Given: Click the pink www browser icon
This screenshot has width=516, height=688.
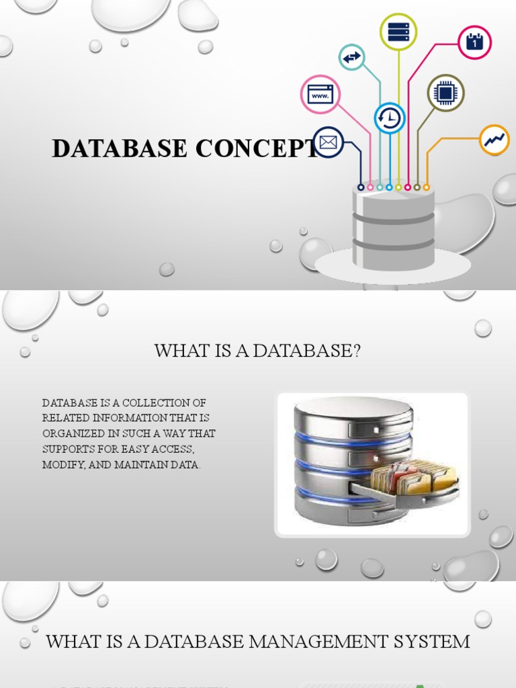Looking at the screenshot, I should [320, 94].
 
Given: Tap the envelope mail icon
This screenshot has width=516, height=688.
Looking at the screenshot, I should [329, 142].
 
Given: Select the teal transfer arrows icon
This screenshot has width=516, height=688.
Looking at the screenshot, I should [351, 58].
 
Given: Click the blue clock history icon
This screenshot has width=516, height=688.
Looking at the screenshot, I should [389, 118].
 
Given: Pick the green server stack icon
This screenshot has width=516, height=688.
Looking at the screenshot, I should [398, 32].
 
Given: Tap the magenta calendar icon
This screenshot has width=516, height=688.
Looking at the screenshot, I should [474, 42].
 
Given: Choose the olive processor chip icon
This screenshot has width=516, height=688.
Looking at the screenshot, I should [445, 93].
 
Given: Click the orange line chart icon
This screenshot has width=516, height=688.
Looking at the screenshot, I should [494, 140].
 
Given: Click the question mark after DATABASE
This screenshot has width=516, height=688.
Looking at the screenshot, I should [356, 351].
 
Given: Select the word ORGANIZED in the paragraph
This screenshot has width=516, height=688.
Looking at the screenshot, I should [71, 434].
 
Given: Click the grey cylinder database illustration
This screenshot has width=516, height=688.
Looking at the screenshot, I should [393, 228].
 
